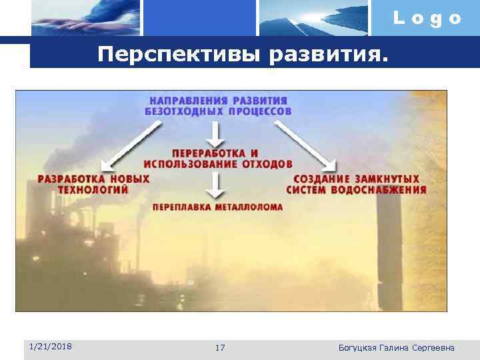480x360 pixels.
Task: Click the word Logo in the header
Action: pyautogui.click(x=427, y=18)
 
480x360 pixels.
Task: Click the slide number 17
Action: pyautogui.click(x=221, y=347)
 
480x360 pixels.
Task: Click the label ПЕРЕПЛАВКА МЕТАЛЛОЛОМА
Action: pyautogui.click(x=217, y=207)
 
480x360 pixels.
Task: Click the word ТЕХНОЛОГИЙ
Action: pyautogui.click(x=93, y=189)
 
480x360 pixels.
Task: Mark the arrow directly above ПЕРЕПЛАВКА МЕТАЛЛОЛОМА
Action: pyautogui.click(x=215, y=185)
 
